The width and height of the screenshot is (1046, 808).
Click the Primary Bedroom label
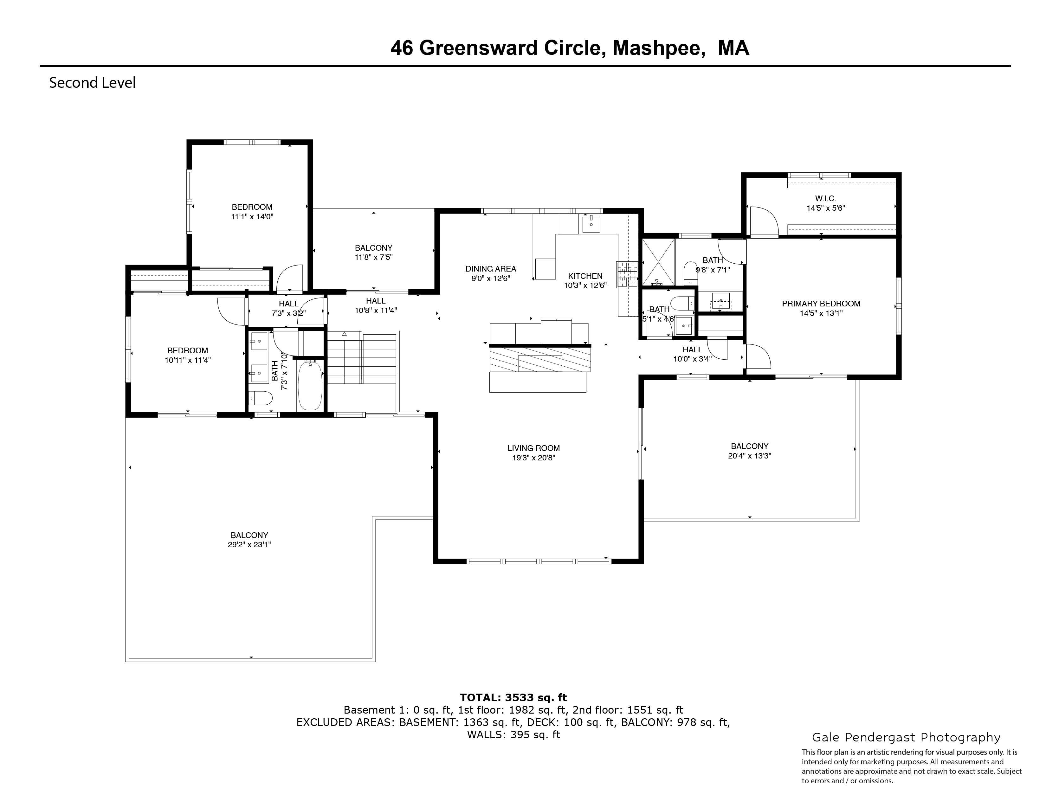[821, 304]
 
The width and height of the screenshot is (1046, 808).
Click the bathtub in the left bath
[310, 386]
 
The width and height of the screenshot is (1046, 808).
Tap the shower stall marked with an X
[658, 261]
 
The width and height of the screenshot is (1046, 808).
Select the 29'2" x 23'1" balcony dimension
[249, 545]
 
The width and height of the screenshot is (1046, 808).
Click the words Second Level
[93, 83]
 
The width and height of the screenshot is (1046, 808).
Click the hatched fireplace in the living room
[540, 360]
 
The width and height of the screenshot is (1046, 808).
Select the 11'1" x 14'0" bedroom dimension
[252, 217]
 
